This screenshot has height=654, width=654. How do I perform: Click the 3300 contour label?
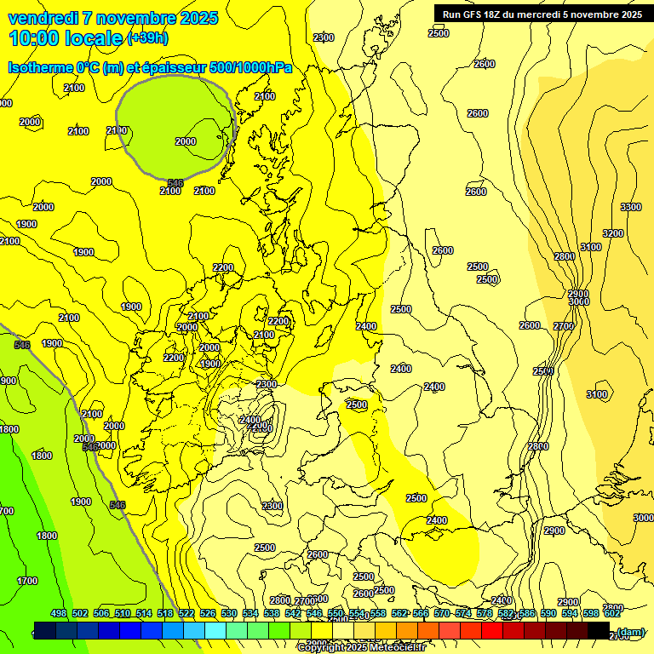point(631,208)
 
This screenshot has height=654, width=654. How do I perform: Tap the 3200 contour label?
point(613,233)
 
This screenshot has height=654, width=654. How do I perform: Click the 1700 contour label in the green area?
point(27,581)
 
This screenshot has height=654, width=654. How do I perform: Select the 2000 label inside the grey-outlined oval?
point(185,142)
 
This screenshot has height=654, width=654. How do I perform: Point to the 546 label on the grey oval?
point(175,183)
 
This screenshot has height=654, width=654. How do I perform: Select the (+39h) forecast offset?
point(147,38)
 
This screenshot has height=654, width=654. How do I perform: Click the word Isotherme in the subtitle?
point(41,67)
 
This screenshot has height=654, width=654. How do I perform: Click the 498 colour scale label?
point(59,614)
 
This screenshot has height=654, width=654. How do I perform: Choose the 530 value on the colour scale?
point(229,614)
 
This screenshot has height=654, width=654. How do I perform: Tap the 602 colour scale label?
point(612,614)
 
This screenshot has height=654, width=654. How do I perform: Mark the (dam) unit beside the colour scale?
point(631,632)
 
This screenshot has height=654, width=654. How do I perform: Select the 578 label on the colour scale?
point(485,614)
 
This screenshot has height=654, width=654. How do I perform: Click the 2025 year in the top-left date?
point(199,18)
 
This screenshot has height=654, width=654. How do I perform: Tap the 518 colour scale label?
point(165,614)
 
